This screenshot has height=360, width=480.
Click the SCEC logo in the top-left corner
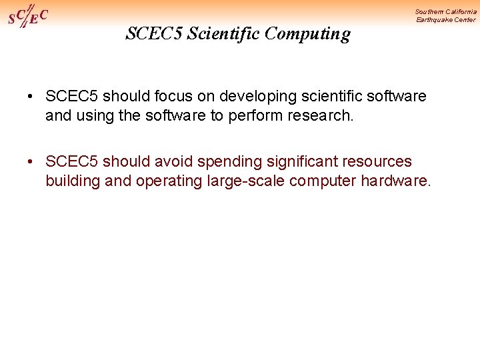click(28, 15)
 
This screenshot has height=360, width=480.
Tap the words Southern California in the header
click(445, 11)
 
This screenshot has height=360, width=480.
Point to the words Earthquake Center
click(446, 19)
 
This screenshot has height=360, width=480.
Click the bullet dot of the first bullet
click(31, 97)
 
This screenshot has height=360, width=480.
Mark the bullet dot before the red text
click(31, 162)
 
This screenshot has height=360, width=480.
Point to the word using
click(93, 115)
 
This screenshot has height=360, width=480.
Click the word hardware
click(396, 180)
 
